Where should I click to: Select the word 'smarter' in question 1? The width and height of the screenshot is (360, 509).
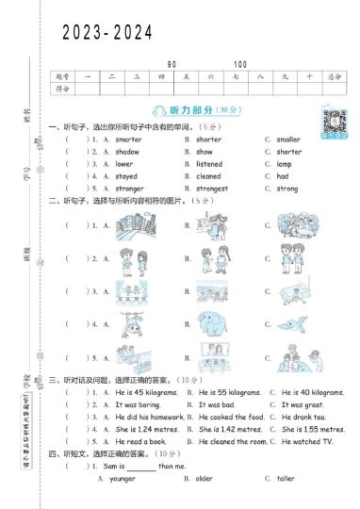[x=128, y=140]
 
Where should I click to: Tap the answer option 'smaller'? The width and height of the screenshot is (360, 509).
[x=288, y=140]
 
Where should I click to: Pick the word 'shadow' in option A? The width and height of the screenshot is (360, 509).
[x=127, y=152]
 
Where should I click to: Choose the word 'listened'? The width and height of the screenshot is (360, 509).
[x=209, y=164]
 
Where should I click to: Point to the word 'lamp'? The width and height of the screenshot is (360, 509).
[x=284, y=164]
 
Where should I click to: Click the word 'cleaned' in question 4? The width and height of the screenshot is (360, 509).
[x=208, y=176]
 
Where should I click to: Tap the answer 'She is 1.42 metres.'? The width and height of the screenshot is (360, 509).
[x=231, y=429]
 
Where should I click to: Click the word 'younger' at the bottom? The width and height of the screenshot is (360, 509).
[x=123, y=479]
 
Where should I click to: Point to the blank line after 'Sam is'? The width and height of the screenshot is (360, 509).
[x=141, y=467]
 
